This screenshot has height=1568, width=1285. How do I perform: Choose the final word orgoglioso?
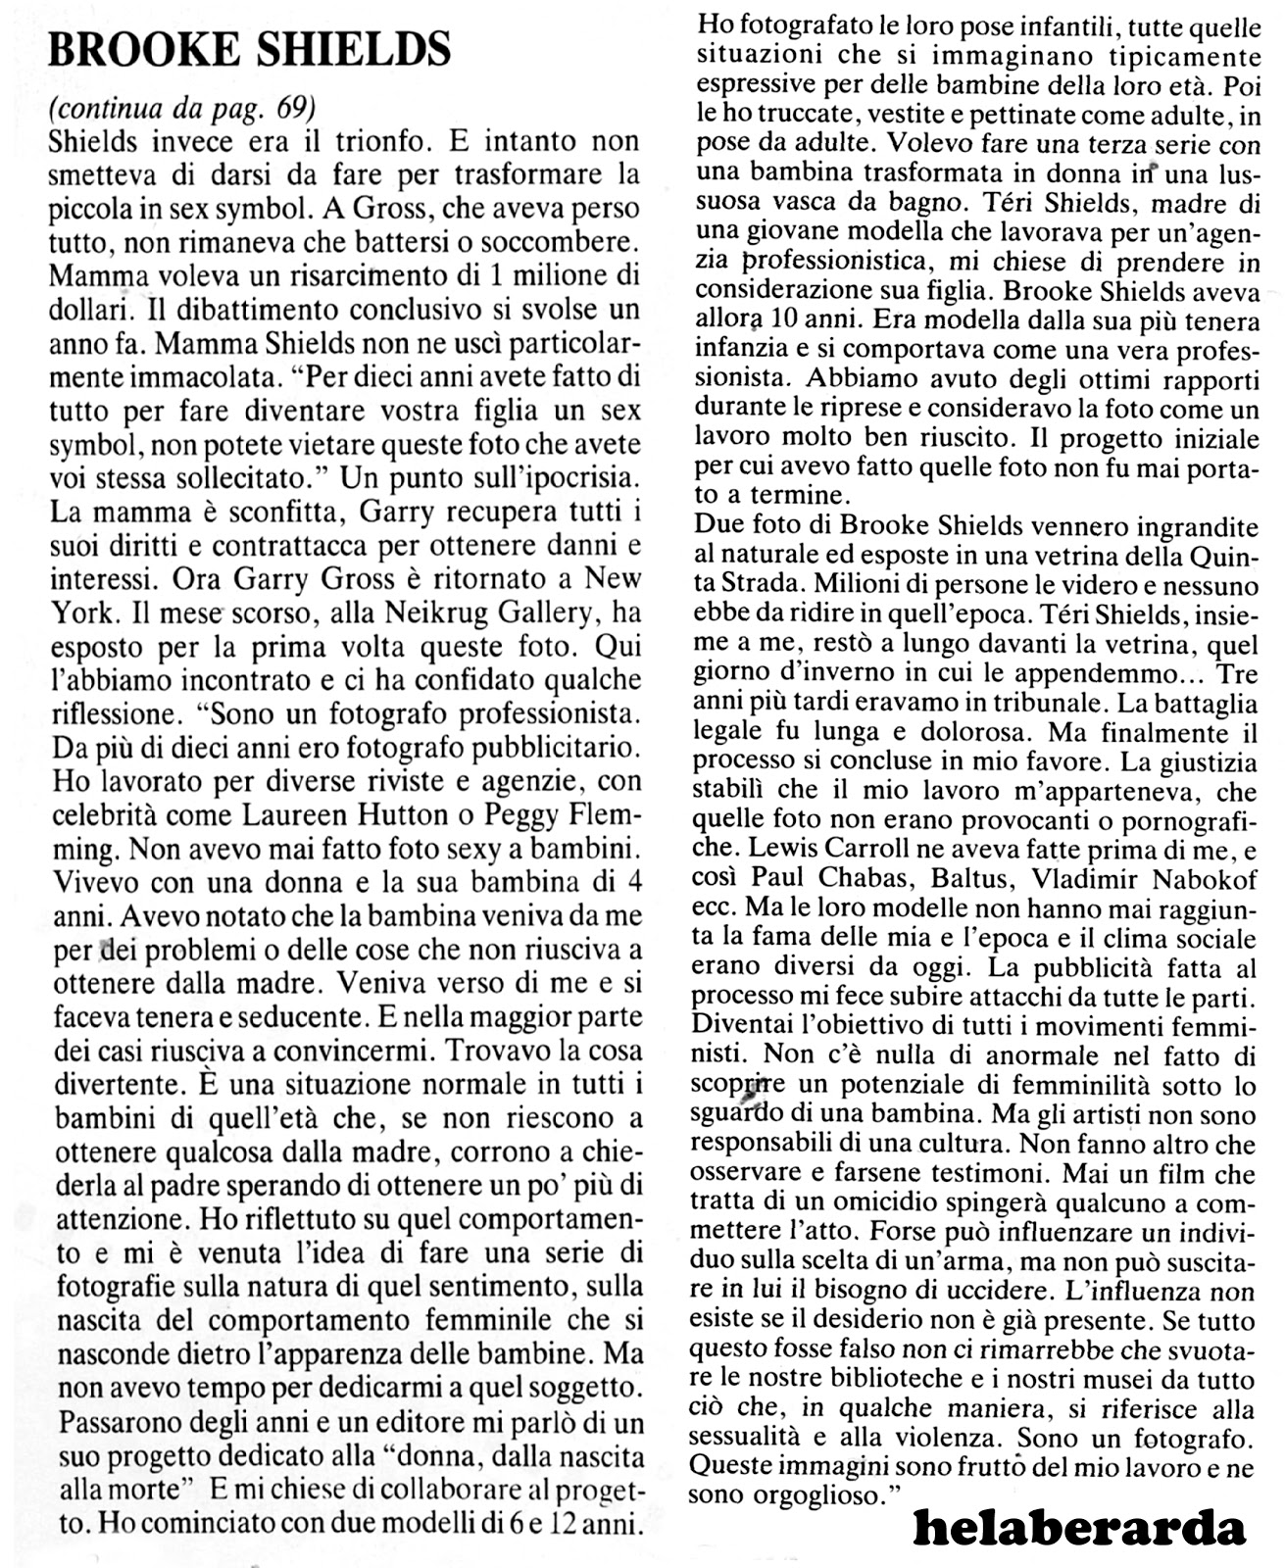[792, 1495]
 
